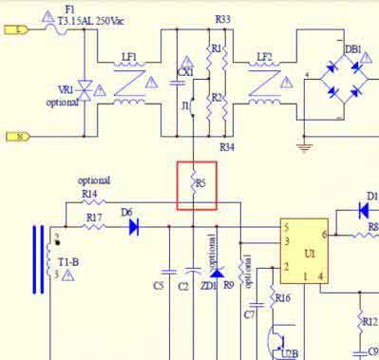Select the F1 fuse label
point(69,9)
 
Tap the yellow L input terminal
point(20,29)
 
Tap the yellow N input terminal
point(20,136)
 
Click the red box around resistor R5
point(197,185)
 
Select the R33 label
point(222,19)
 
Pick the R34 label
point(226,147)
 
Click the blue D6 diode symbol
point(134,227)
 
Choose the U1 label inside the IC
point(309,255)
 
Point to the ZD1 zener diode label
point(209,285)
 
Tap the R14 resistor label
point(89,193)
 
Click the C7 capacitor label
point(250,313)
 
